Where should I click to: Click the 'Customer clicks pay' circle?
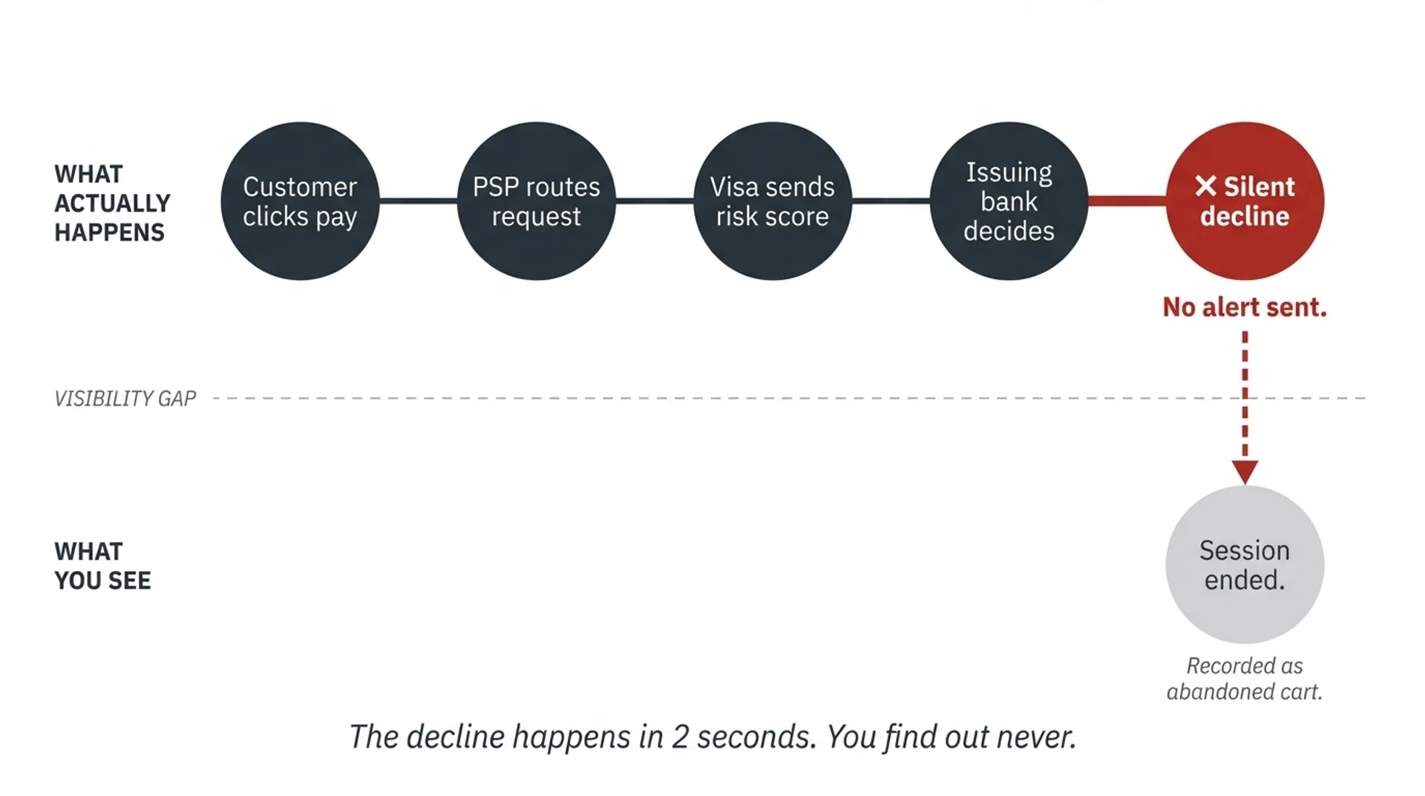tap(300, 201)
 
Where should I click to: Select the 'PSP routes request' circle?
tap(536, 201)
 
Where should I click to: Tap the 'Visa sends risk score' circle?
tap(772, 201)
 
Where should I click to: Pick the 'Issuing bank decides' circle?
tap(1009, 201)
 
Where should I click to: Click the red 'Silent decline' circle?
tap(1245, 201)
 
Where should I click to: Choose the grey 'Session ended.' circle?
tap(1245, 564)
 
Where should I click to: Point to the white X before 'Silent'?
tap(1206, 186)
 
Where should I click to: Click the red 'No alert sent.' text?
tap(1245, 307)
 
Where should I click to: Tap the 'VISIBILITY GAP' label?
tap(125, 399)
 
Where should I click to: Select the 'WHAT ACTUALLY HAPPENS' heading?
tap(112, 203)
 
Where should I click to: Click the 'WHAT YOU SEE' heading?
tap(102, 566)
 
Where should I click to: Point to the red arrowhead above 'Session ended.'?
tap(1245, 472)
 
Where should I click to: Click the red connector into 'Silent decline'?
tap(1127, 200)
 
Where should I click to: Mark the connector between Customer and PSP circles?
tap(419, 200)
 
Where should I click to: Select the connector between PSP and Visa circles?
tap(655, 200)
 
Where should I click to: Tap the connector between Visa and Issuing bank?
tap(891, 200)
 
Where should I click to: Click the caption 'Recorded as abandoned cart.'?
tap(1245, 679)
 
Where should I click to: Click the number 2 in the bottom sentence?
tap(680, 737)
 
